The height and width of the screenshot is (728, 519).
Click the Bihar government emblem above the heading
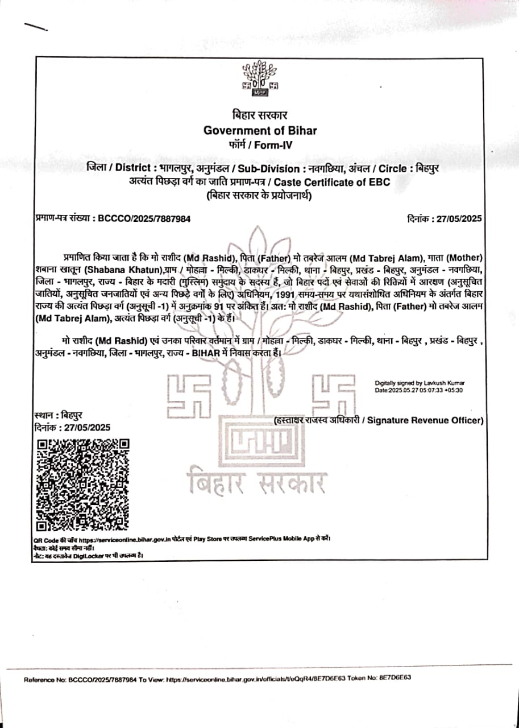tap(260, 79)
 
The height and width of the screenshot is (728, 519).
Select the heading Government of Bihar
tap(260, 130)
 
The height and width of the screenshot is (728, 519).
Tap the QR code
tap(82, 485)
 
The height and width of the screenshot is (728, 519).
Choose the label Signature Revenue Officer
tap(425, 420)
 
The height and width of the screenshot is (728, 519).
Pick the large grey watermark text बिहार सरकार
tap(257, 482)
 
